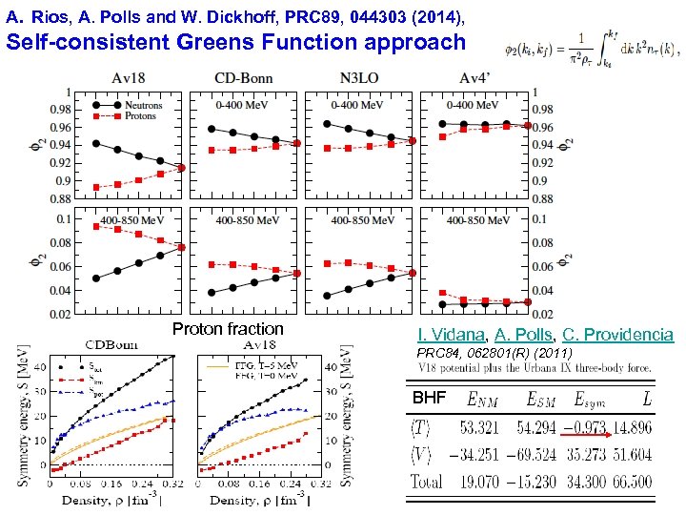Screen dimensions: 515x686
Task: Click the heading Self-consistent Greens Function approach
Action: click(x=236, y=42)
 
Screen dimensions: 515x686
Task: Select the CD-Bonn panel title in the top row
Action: click(x=245, y=78)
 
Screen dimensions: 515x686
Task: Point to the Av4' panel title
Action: click(x=474, y=78)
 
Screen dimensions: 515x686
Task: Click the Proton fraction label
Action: click(x=228, y=329)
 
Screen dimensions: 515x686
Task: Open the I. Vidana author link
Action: click(x=452, y=335)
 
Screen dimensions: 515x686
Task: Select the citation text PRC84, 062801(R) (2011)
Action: click(x=494, y=353)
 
